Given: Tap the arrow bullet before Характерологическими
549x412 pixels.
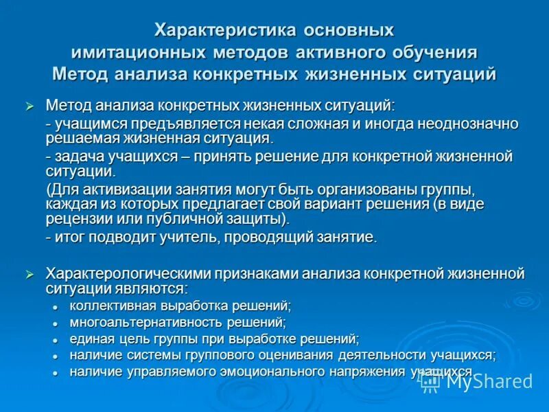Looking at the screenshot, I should click(29, 275).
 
